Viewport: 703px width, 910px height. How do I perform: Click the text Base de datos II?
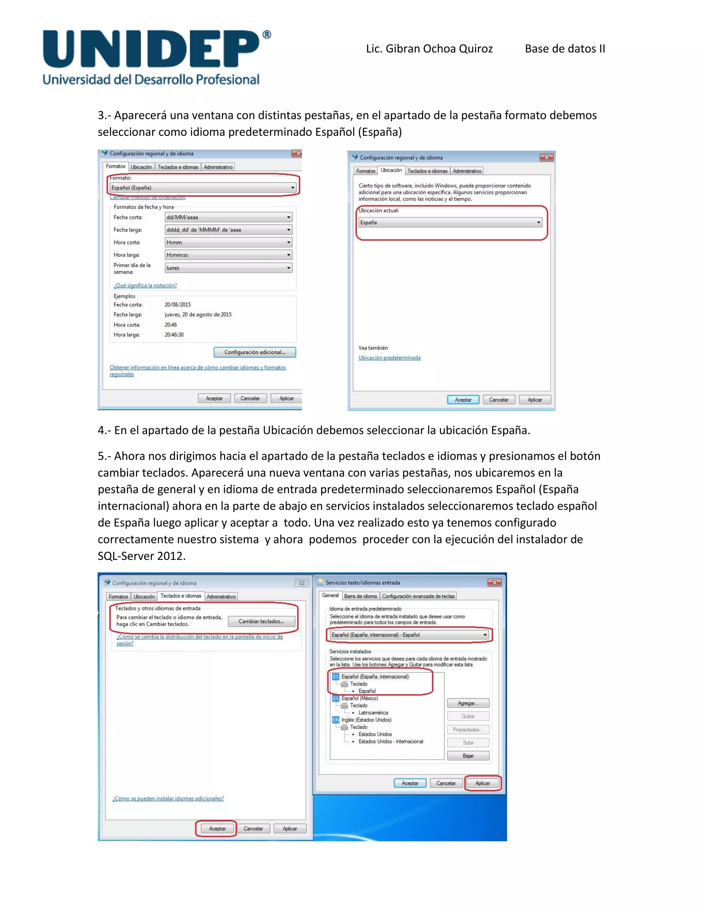click(565, 49)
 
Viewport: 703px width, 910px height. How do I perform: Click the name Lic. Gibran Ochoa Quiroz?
click(429, 49)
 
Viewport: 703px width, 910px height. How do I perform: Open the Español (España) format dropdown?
click(203, 188)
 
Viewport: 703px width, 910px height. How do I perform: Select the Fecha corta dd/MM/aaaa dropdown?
click(228, 217)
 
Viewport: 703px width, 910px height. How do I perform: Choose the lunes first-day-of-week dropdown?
click(228, 268)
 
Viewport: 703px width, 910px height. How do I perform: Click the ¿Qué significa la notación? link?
click(145, 285)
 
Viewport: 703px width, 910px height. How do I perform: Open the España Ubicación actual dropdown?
click(450, 223)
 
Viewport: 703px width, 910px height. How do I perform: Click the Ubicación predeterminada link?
click(389, 358)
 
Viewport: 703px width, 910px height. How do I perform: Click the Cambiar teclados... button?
click(261, 622)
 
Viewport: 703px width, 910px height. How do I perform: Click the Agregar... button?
click(468, 703)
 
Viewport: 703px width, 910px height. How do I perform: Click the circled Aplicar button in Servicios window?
click(482, 783)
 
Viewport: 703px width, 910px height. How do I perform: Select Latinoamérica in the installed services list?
click(373, 713)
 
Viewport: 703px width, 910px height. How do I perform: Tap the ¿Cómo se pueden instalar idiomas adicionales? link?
click(168, 799)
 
